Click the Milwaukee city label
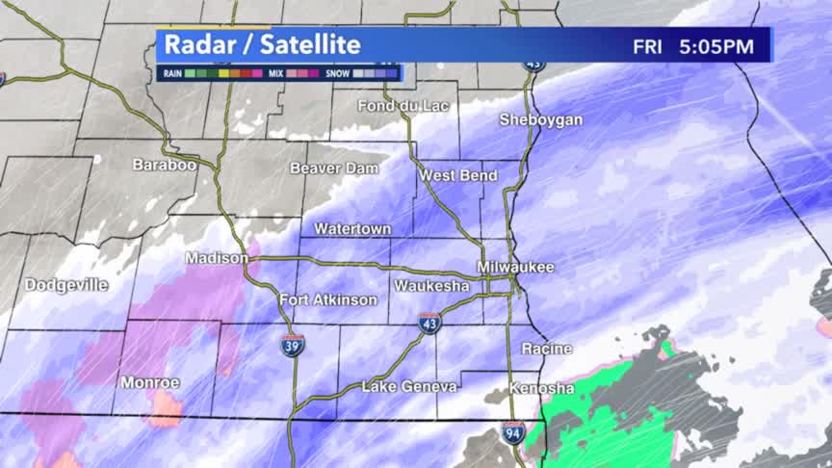515,267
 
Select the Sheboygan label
540,119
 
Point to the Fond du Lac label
396,105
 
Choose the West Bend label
457,175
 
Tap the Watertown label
352,229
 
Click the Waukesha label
431,286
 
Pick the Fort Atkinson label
328,299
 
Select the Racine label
546,348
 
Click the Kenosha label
541,388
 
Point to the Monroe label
150,382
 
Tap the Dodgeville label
66,285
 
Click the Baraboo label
164,165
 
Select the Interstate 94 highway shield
513,432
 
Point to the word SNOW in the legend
336,72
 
